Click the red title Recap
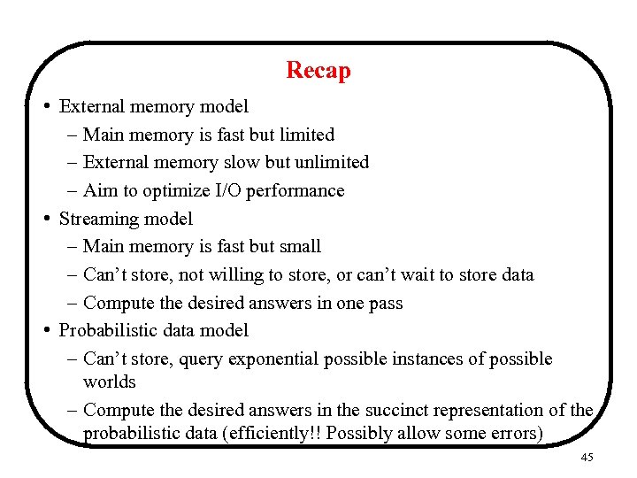coord(318,70)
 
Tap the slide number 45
coord(588,458)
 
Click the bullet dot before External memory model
coord(45,106)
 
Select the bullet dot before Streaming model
coord(45,218)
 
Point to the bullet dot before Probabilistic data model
coord(45,330)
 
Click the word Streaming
coord(94,219)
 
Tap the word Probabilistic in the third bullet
coord(104,331)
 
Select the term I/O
coord(226,191)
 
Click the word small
coord(300,247)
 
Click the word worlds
coord(109,382)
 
